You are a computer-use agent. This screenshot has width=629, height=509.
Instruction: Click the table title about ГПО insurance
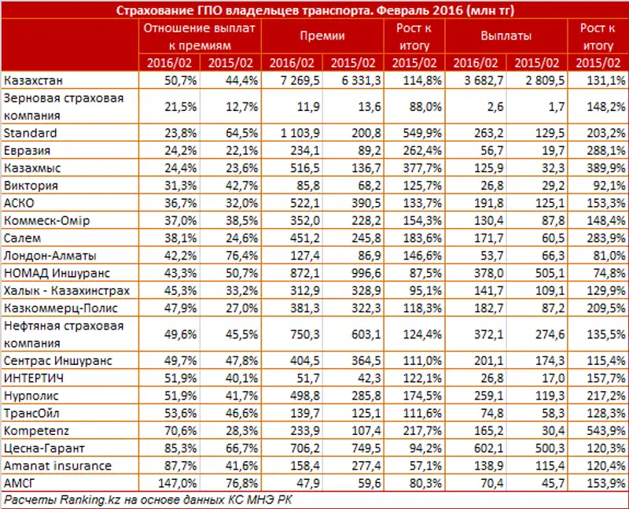tap(314, 10)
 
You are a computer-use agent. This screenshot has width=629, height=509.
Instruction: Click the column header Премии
tap(318, 36)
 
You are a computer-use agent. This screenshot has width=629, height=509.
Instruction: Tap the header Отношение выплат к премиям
tap(200, 36)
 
